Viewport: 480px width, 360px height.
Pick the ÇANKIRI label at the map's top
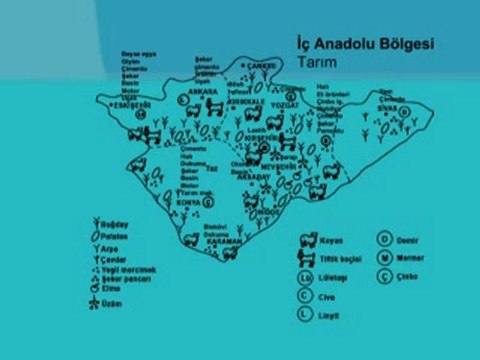coord(262,67)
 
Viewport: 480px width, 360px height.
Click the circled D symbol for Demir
coord(385,240)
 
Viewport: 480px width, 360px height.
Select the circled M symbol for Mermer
coord(385,257)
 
